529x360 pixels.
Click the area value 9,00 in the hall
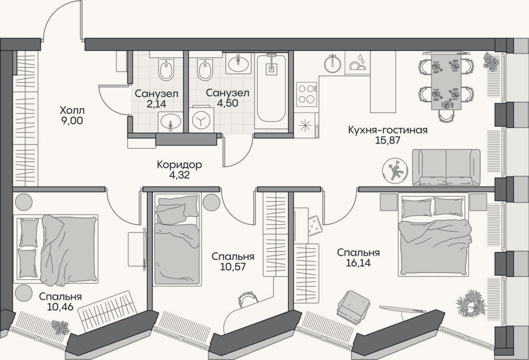72,120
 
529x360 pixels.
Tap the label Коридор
179,165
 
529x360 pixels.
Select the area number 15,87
387,140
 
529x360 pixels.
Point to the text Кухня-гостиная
387,130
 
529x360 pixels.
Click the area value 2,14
157,104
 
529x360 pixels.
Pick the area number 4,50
227,103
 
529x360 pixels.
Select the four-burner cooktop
307,93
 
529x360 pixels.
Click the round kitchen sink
333,63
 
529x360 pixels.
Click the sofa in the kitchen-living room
446,167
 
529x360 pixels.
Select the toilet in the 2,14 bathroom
166,69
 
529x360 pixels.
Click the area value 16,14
359,263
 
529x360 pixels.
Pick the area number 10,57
233,267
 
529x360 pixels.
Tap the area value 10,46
61,307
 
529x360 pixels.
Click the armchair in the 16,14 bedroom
354,305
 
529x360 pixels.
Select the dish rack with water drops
357,63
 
